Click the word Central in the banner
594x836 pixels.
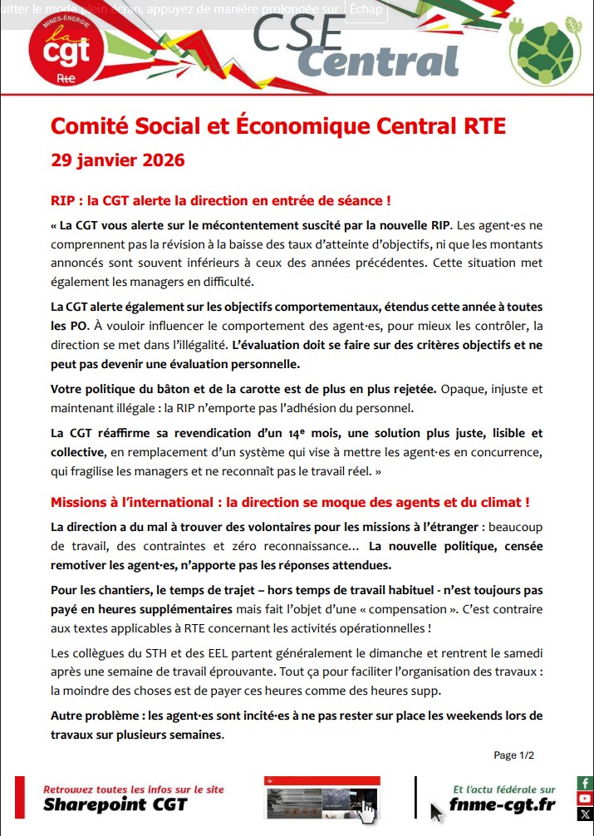click(378, 60)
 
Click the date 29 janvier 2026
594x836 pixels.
click(117, 159)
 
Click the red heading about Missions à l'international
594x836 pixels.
click(290, 503)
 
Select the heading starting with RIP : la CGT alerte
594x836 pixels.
click(220, 201)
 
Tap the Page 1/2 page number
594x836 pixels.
click(513, 755)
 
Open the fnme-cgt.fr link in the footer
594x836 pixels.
click(502, 804)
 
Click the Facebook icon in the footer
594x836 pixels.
click(585, 784)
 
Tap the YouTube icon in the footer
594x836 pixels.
click(585, 799)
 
